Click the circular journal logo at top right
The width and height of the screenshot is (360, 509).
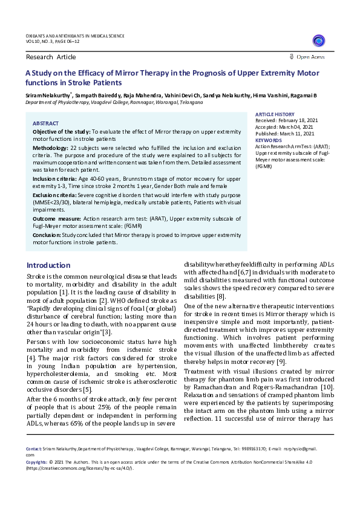tap(318, 41)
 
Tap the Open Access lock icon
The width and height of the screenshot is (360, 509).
tap(292, 57)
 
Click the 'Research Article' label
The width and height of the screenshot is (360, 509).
tap(51, 57)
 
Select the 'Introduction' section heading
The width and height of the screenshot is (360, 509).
tap(48, 265)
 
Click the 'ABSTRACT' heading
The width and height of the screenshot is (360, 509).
tap(45, 123)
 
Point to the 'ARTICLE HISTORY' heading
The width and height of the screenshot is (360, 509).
tap(275, 114)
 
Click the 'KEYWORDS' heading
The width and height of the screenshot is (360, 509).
tap(269, 140)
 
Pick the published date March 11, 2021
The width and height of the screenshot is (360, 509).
tap(299, 134)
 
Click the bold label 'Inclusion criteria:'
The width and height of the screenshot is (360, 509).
tap(54, 180)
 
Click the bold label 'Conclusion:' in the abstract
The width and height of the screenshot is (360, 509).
tap(46, 235)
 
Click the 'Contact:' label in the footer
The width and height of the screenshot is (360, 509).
tap(34, 449)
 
